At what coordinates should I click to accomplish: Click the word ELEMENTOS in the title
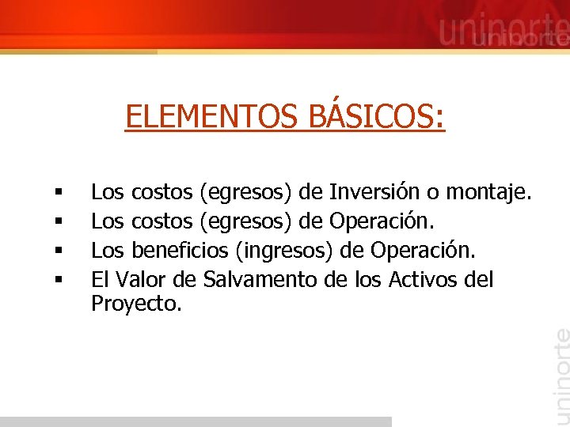coord(210,117)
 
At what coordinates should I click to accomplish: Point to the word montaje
coord(490,191)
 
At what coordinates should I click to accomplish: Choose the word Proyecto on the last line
coord(136,303)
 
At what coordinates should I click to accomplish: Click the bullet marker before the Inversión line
coord(59,192)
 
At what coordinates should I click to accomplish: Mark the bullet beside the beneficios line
coord(59,251)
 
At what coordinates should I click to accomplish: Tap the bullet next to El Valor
coord(59,281)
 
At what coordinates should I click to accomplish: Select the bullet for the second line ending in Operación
coord(59,221)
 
